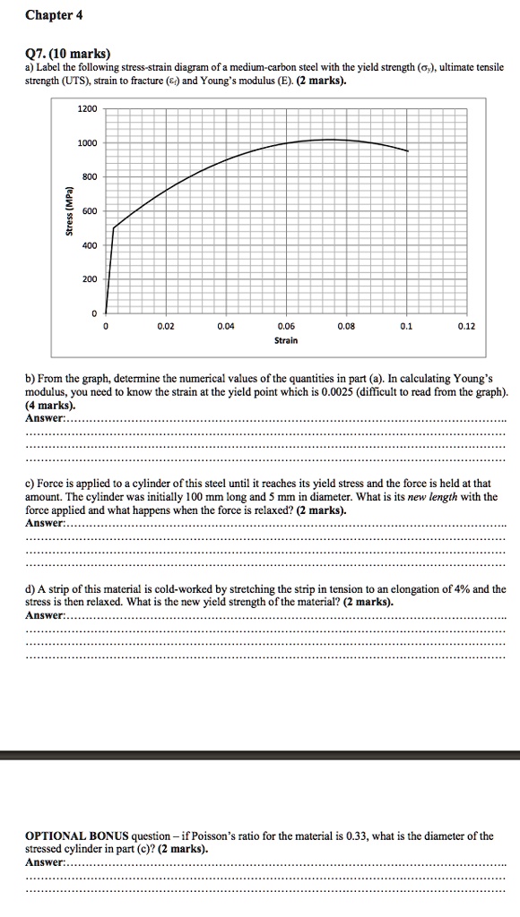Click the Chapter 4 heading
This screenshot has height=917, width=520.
click(54, 14)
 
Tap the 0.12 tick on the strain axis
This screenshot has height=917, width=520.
click(467, 326)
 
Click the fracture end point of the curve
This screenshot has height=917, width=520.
click(408, 151)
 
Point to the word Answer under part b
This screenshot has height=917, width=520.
click(45, 418)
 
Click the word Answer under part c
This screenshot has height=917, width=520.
click(45, 522)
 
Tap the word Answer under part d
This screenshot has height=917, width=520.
click(45, 615)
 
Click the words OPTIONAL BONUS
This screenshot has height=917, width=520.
click(77, 836)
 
